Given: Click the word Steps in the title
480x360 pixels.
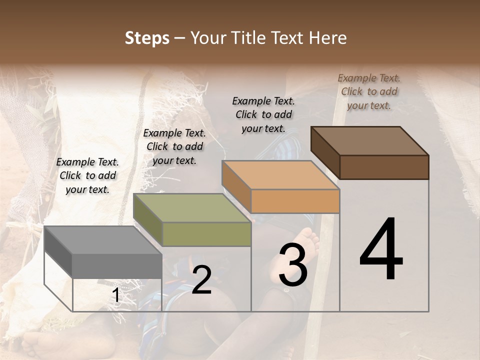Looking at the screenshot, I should pos(147,38).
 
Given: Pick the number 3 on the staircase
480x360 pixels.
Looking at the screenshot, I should pos(293,264).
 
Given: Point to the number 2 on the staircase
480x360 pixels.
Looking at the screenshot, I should pos(201,279).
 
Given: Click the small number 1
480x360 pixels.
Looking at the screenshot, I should pos(115,295).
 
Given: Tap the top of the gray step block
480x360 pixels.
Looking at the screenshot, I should pos(103,240).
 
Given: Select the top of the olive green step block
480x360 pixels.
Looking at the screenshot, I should pos(191,208).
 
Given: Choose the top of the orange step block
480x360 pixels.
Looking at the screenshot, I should pos(280,175).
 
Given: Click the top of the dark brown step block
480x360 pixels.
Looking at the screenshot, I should pos(369,141).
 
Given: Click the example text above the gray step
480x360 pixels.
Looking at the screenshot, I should pos(87,175).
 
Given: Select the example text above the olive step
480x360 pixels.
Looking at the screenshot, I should pos(174,146).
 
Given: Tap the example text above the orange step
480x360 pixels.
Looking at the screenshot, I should pos(263,114).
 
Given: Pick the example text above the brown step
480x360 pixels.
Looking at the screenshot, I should pos(369,91).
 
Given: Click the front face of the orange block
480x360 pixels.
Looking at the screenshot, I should pos(295,201).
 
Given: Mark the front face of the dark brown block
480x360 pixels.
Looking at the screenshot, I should pos(384,167).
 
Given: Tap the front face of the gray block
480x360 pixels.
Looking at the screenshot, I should pos(117,265).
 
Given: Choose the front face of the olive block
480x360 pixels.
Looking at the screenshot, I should pos(206,234).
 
